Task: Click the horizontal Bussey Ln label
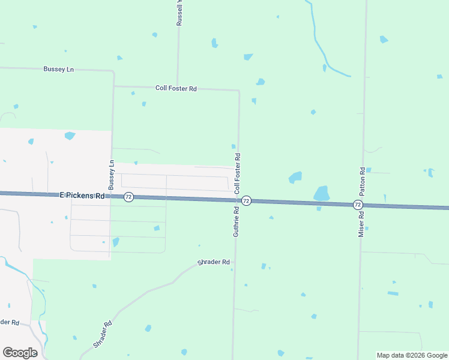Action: [x=58, y=70]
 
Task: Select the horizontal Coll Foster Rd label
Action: [x=176, y=88]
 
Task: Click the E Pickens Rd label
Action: [x=82, y=196]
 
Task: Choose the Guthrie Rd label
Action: [x=236, y=221]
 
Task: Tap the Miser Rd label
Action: [x=361, y=223]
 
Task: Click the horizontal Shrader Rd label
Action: [x=214, y=262]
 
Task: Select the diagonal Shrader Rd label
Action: [x=103, y=335]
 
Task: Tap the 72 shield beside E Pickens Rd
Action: [x=128, y=197]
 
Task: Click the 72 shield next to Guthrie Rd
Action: [x=246, y=200]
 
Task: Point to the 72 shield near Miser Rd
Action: [x=358, y=205]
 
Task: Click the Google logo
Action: [x=20, y=353]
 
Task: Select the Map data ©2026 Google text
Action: [x=412, y=355]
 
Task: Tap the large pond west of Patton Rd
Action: [x=322, y=193]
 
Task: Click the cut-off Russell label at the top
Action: [x=179, y=13]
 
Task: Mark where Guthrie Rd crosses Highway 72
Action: [x=236, y=200]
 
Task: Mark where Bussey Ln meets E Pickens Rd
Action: [x=110, y=196]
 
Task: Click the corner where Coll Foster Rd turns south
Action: [x=239, y=91]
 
